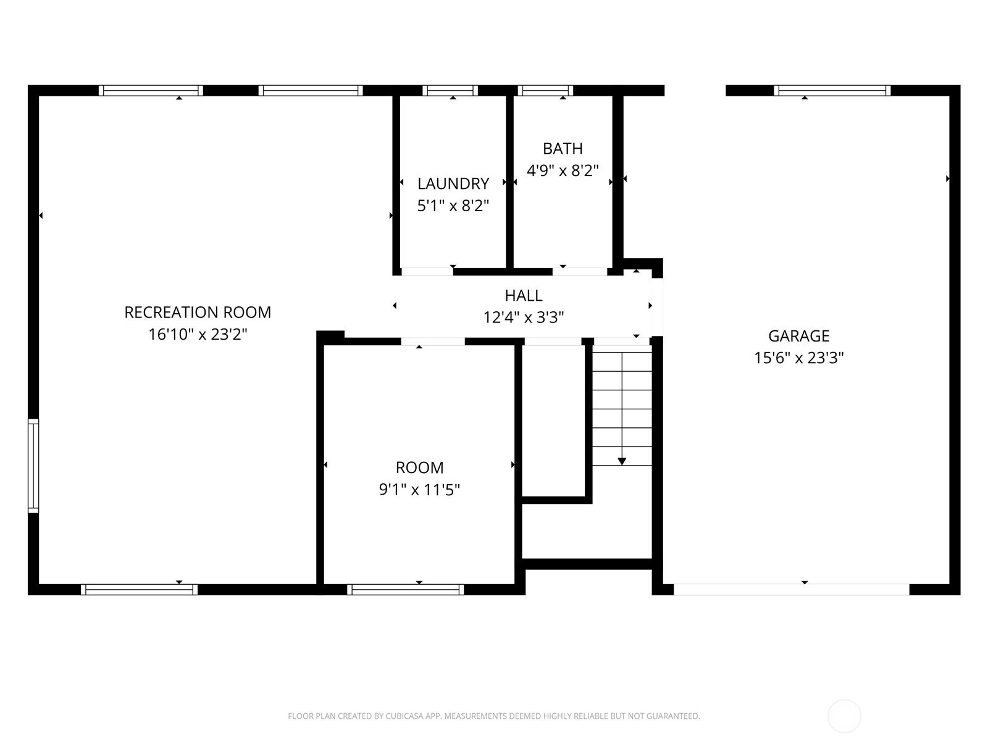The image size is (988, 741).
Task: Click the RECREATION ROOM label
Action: click(198, 312)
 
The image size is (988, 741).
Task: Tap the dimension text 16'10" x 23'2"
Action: click(198, 334)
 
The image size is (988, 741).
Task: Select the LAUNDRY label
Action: click(453, 183)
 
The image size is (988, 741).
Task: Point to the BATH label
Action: click(563, 148)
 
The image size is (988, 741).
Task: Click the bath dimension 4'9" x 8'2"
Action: click(563, 170)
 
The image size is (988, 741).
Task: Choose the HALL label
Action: click(524, 296)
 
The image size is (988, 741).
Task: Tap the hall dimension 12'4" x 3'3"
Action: click(524, 317)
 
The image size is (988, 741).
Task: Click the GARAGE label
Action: click(799, 336)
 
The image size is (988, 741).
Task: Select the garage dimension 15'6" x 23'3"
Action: click(799, 358)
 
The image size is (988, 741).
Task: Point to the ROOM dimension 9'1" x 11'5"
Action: click(419, 490)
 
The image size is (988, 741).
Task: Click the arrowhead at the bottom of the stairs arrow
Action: click(622, 462)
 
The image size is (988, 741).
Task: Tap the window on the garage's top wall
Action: click(832, 90)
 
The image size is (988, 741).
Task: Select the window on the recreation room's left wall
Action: click(33, 466)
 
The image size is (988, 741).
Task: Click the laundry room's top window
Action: click(450, 90)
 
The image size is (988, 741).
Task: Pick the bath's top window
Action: click(545, 90)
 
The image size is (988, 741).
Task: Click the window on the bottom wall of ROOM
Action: click(406, 589)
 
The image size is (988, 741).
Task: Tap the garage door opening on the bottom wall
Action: click(791, 589)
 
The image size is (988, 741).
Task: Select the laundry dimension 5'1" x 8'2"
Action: click(453, 206)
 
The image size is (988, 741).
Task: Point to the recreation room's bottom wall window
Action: click(139, 589)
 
